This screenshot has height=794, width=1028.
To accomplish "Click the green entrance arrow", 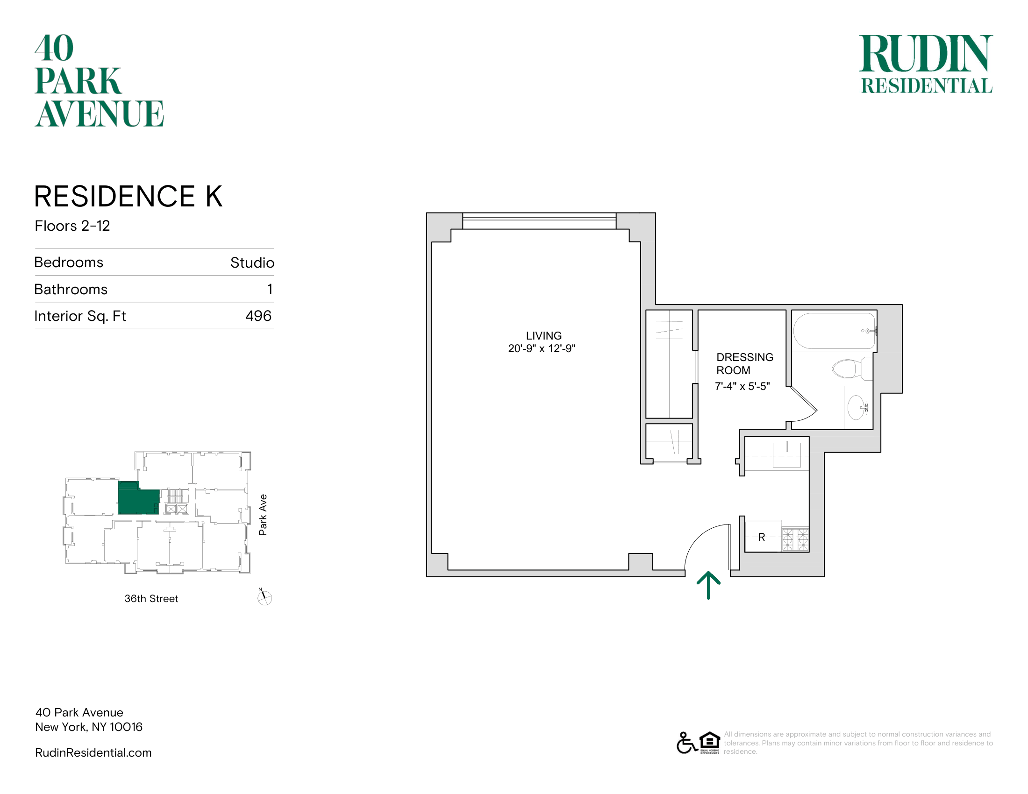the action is pyautogui.click(x=708, y=585).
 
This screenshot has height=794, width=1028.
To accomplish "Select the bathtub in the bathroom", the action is pyautogui.click(x=834, y=331).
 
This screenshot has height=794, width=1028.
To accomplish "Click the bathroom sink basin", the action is pyautogui.click(x=857, y=407).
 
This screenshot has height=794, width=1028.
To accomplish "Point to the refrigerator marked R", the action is pyautogui.click(x=763, y=537).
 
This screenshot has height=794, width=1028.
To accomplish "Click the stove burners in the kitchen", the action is pyautogui.click(x=795, y=539).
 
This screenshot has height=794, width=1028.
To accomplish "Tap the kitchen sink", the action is pyautogui.click(x=786, y=454).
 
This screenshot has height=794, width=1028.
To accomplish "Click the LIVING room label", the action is pyautogui.click(x=543, y=336).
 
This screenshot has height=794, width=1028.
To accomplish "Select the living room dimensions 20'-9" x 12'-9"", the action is pyautogui.click(x=542, y=348).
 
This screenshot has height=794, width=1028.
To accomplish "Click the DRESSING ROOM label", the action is pyautogui.click(x=745, y=363).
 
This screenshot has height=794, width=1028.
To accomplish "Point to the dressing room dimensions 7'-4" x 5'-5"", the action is pyautogui.click(x=742, y=386).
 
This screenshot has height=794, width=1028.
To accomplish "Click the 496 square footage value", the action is pyautogui.click(x=258, y=316).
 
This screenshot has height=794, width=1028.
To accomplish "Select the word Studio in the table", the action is pyautogui.click(x=252, y=262).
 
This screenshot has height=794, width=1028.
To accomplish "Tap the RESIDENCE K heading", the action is pyautogui.click(x=128, y=196).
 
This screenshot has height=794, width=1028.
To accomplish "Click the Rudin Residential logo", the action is pyautogui.click(x=926, y=64).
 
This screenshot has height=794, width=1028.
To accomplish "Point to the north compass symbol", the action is pyautogui.click(x=264, y=597).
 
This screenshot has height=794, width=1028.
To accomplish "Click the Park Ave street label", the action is pyautogui.click(x=263, y=515).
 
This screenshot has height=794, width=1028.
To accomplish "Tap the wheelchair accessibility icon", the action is pyautogui.click(x=687, y=743).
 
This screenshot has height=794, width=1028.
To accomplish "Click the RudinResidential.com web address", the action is pyautogui.click(x=93, y=752).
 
